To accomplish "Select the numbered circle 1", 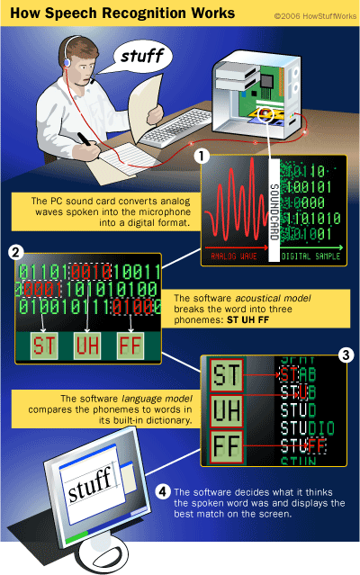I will (203, 156).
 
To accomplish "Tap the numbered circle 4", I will (161, 491).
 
